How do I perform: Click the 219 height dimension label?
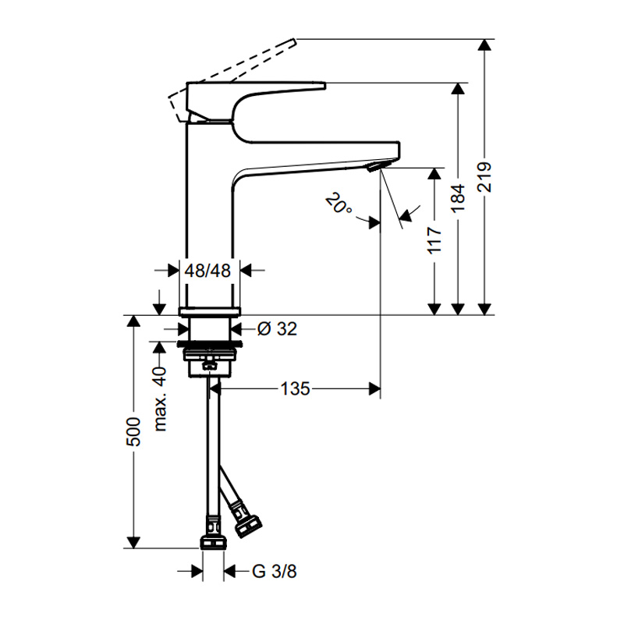point(484,178)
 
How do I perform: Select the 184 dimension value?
point(459,199)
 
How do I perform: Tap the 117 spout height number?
point(434,240)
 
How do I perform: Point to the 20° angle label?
point(339,204)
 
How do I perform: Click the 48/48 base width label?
point(207,271)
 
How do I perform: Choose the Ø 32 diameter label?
point(277,329)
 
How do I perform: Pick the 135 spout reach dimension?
point(295,388)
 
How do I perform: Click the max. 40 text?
point(160,399)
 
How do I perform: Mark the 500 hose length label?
point(133,432)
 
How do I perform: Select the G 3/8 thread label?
point(275,572)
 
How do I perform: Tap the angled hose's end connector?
point(247,525)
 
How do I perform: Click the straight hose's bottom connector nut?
point(213,543)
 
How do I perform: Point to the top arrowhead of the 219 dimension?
point(484,44)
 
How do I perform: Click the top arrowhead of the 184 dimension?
point(459,88)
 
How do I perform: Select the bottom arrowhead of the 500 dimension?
point(133,542)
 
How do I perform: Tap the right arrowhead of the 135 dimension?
point(374,388)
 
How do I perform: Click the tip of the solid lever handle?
point(325,86)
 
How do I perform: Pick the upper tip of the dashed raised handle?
point(295,41)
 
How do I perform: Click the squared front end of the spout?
point(399,150)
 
